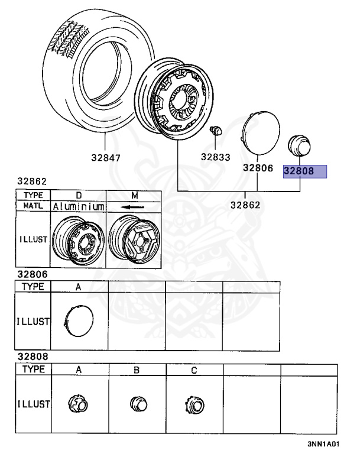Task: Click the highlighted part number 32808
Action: click(299, 171)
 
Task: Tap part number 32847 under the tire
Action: click(106, 158)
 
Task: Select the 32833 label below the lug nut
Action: click(216, 157)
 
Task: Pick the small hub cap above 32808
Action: click(299, 145)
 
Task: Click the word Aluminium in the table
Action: click(79, 206)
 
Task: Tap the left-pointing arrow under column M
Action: click(133, 207)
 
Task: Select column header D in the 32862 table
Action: click(79, 196)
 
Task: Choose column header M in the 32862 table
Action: click(135, 196)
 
